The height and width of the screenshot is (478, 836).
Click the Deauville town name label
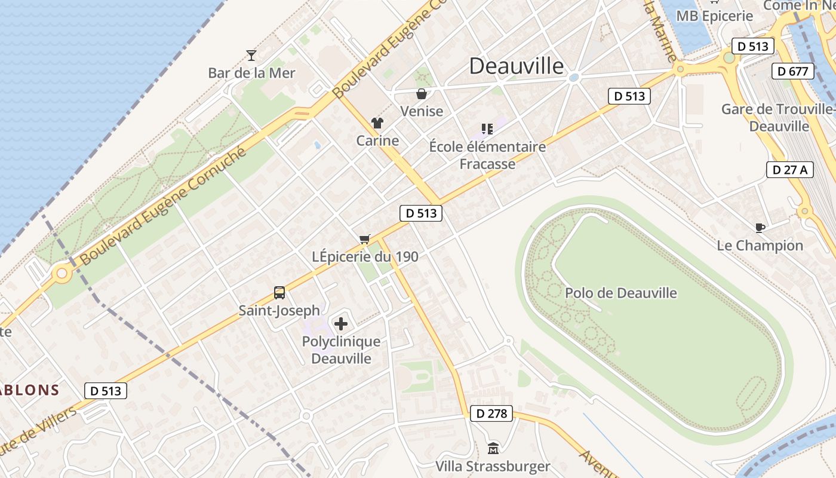[x=516, y=66]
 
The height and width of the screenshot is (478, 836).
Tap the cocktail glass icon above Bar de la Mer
[x=251, y=56]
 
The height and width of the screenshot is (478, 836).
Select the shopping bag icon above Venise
[x=422, y=94]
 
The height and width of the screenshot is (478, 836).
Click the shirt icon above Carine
[x=377, y=123]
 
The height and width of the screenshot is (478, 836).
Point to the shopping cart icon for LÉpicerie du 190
[x=365, y=239]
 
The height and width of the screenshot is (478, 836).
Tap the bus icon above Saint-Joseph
[x=279, y=292]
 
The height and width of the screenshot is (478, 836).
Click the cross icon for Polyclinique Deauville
[x=341, y=324]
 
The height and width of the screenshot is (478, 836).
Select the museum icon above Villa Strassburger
[x=493, y=448]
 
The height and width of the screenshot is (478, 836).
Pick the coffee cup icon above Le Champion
[x=760, y=228]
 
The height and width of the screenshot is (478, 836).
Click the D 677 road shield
[x=793, y=71]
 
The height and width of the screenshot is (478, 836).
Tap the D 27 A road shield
[x=789, y=170]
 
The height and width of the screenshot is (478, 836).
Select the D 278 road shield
[x=491, y=413]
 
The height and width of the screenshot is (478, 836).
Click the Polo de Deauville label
[x=621, y=293]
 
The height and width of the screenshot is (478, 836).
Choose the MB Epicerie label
[x=714, y=16]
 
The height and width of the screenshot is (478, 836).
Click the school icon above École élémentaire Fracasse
[x=487, y=128]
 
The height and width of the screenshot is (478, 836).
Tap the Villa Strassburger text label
[x=493, y=466]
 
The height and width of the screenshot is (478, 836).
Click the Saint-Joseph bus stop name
[x=279, y=311]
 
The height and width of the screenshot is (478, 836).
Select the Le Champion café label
[x=760, y=246]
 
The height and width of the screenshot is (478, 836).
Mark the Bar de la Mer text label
[x=251, y=73]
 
